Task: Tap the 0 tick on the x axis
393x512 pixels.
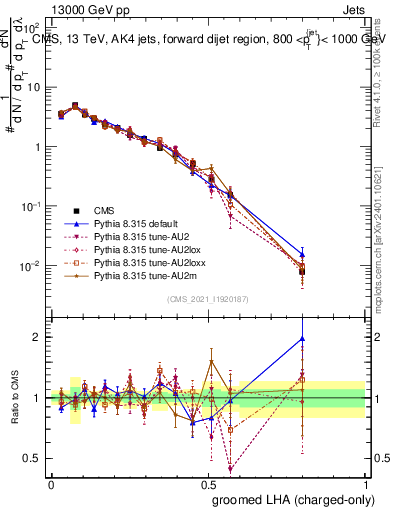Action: (x=51, y=484)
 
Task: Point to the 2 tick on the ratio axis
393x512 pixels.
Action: (x=37, y=337)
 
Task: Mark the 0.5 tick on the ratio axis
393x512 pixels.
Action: (x=33, y=458)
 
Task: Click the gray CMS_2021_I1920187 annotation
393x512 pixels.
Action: (x=207, y=299)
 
